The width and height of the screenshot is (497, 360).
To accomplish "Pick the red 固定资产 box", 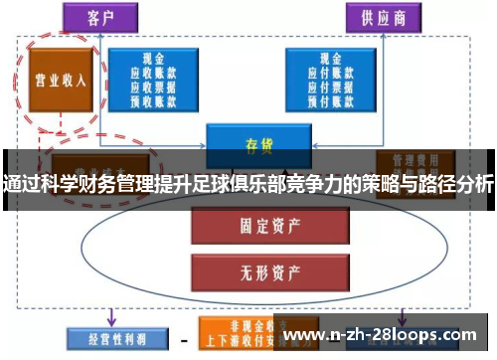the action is coord(256,225).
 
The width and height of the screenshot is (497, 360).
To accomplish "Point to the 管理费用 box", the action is coord(414,159).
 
